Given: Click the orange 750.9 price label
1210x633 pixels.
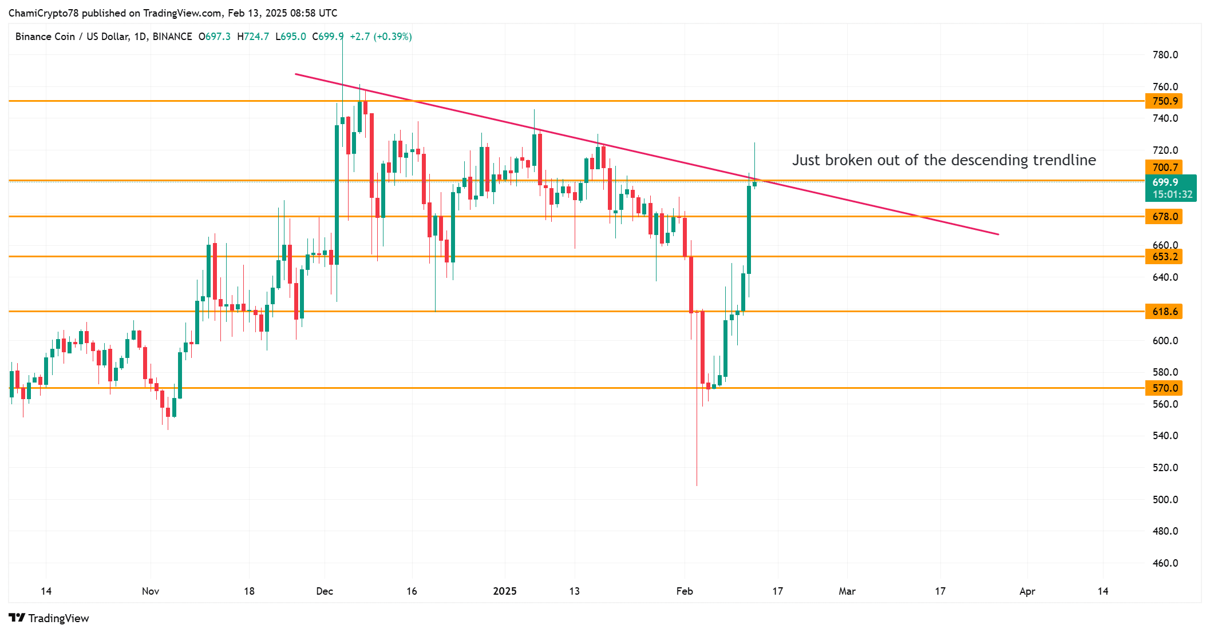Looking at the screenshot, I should (x=1164, y=101).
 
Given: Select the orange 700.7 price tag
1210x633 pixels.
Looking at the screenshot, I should (x=1164, y=167).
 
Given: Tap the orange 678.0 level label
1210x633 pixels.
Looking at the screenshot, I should (x=1164, y=217).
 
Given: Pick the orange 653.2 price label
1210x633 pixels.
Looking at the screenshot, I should (x=1164, y=257).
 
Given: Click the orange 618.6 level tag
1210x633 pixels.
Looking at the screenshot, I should (x=1164, y=312).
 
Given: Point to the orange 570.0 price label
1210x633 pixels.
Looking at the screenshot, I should (x=1164, y=388).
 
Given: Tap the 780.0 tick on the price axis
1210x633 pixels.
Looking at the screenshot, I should (x=1165, y=55).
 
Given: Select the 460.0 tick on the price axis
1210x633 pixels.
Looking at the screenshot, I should (x=1165, y=563).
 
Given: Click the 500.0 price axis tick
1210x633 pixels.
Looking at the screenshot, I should (x=1165, y=500).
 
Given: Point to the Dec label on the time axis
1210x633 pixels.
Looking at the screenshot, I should (x=325, y=591).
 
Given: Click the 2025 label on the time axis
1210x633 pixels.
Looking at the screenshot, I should (x=505, y=591).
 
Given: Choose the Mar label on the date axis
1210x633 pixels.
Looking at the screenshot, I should (x=847, y=591).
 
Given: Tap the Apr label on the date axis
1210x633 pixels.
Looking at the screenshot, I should (x=1027, y=591).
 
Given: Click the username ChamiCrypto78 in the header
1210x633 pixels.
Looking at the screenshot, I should (x=44, y=13).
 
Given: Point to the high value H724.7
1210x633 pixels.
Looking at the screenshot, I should (x=253, y=37).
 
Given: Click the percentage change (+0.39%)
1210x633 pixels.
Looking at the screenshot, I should (x=393, y=37).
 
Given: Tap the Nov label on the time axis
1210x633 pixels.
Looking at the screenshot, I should (x=151, y=591).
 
